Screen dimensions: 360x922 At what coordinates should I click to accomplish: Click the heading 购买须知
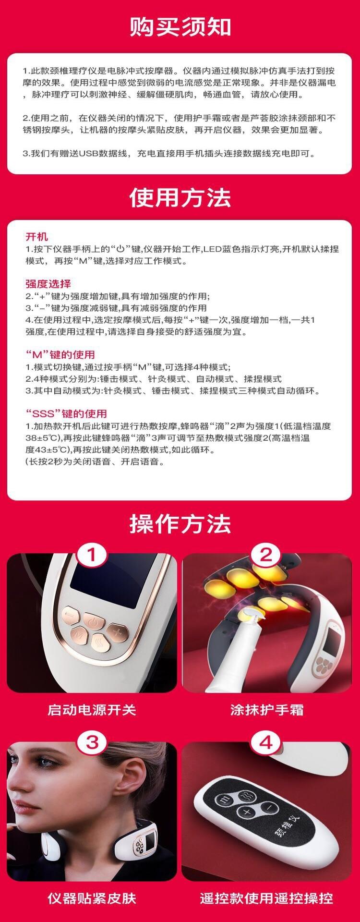180,27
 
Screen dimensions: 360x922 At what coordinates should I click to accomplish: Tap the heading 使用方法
180,197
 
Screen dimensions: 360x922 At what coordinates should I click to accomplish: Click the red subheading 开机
36,237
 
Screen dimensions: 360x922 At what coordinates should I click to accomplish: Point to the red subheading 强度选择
48,284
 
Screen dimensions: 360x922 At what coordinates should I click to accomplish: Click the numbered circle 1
92,556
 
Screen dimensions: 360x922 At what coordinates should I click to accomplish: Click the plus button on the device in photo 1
116,630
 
